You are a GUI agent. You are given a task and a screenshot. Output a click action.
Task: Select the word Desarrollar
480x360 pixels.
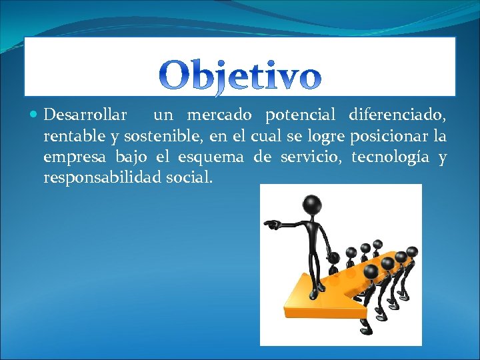[85, 115]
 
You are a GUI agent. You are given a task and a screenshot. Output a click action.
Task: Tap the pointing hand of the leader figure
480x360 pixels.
[271, 224]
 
